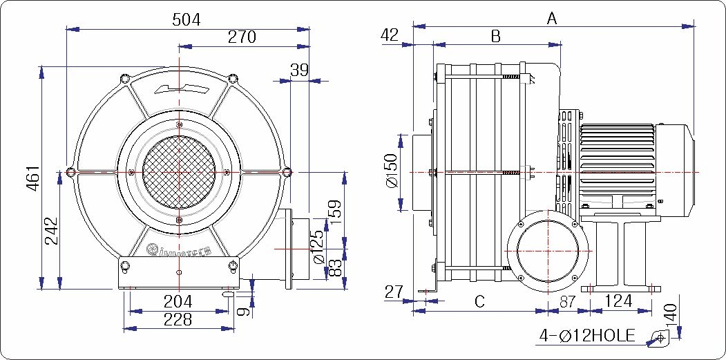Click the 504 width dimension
point(187,20)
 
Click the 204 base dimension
point(178,301)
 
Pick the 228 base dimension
point(178,319)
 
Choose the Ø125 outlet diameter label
point(318,247)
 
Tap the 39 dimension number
point(299,70)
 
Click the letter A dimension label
point(552,19)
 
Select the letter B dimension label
point(495,37)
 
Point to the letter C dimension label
point(479,301)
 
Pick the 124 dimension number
point(618,301)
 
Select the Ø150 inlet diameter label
point(392,172)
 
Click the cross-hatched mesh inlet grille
point(180,171)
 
